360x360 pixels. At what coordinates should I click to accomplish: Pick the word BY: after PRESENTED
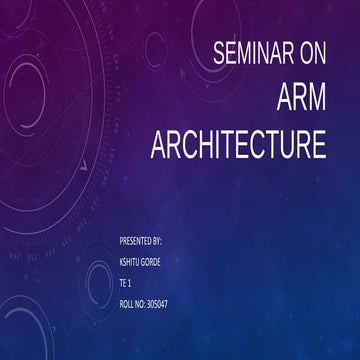(x=158, y=242)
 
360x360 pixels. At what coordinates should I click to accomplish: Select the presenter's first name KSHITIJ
(x=130, y=262)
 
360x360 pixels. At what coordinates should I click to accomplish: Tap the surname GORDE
(x=152, y=262)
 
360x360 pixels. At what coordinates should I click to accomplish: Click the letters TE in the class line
(x=122, y=282)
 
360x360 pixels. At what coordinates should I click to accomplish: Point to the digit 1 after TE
(x=130, y=282)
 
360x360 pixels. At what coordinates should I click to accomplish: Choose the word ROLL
(x=126, y=302)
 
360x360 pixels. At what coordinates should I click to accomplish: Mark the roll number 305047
(x=157, y=302)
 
